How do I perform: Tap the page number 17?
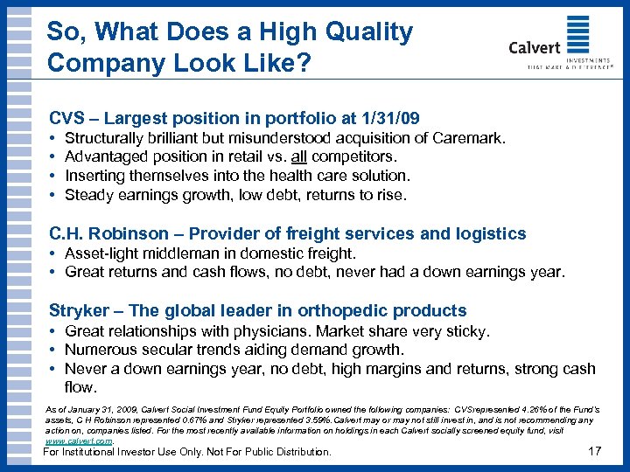tap(596, 452)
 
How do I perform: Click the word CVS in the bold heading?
tap(66, 117)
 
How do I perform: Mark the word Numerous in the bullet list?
tap(100, 351)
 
